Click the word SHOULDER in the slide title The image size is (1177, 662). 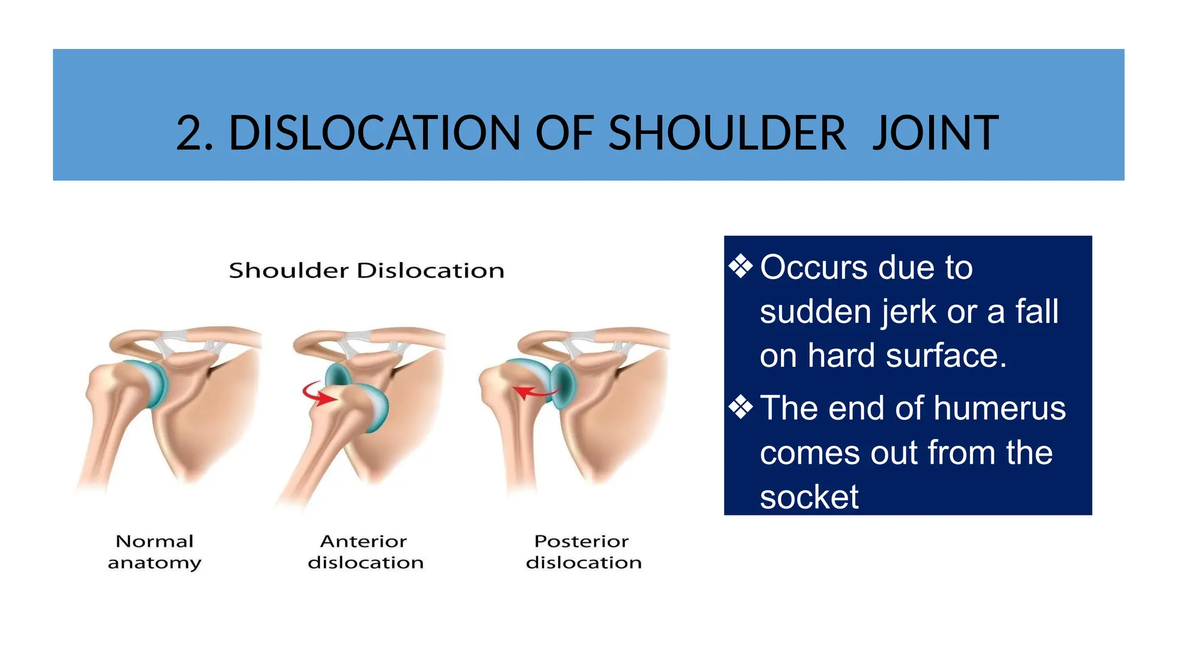click(726, 133)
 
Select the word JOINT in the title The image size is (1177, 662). click(935, 133)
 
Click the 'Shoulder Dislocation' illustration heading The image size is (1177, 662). click(367, 271)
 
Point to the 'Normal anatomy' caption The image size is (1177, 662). click(155, 552)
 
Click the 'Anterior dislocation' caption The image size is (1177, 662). click(366, 552)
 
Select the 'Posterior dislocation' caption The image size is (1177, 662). click(583, 552)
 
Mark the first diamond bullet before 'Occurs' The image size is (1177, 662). click(740, 267)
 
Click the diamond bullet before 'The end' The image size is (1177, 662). click(740, 407)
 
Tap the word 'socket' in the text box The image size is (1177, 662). click(809, 497)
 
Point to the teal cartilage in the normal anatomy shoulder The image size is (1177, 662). click(154, 383)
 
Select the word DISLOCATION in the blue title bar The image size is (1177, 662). click(374, 133)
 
